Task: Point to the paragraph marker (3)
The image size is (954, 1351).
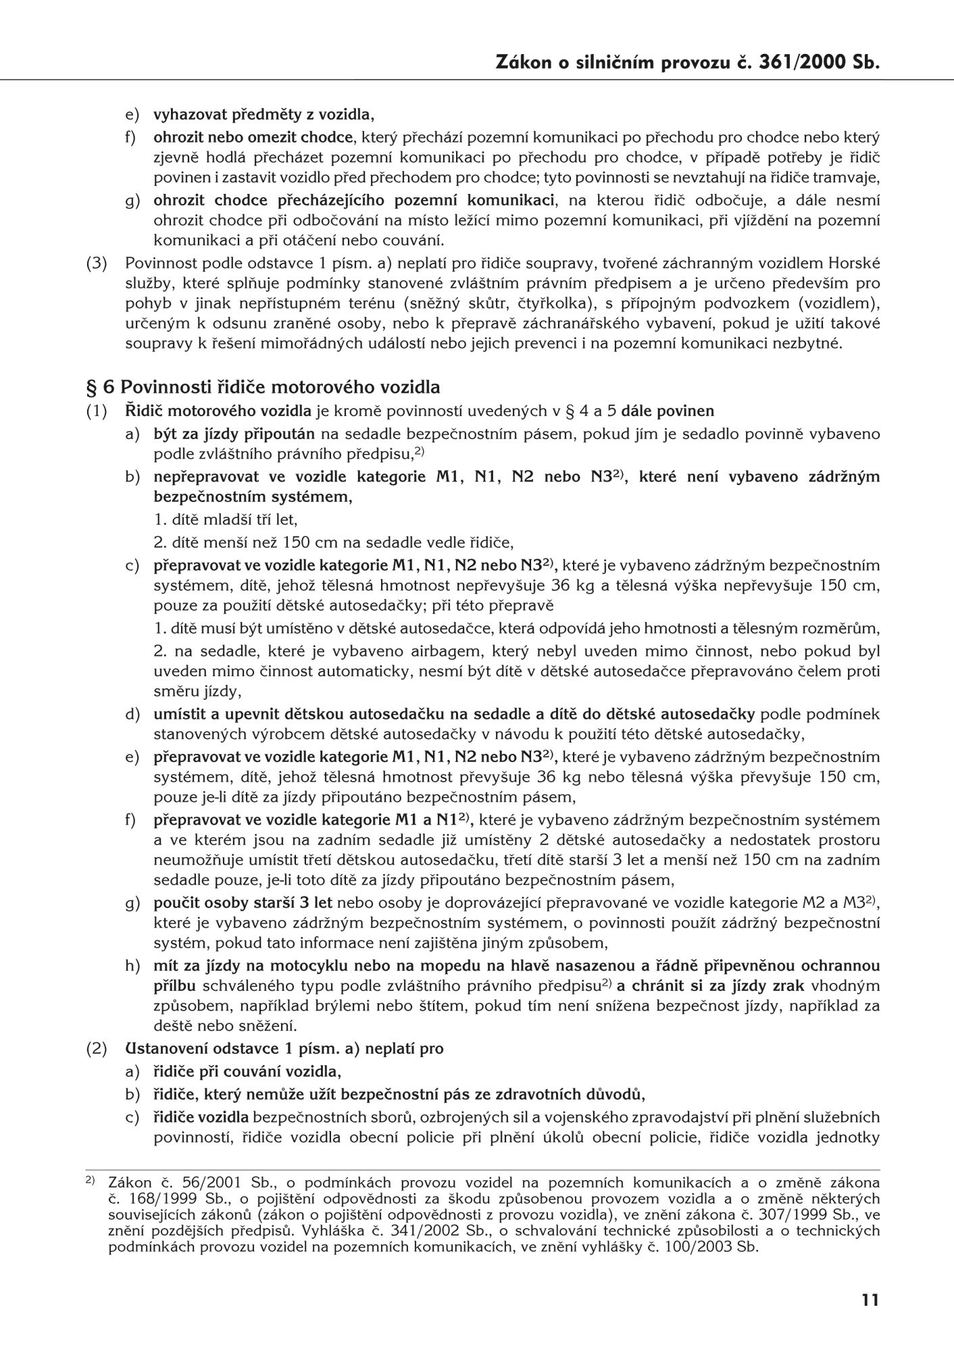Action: (x=97, y=263)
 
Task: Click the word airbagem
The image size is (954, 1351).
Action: (x=413, y=652)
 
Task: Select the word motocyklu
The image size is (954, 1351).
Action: (x=293, y=965)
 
